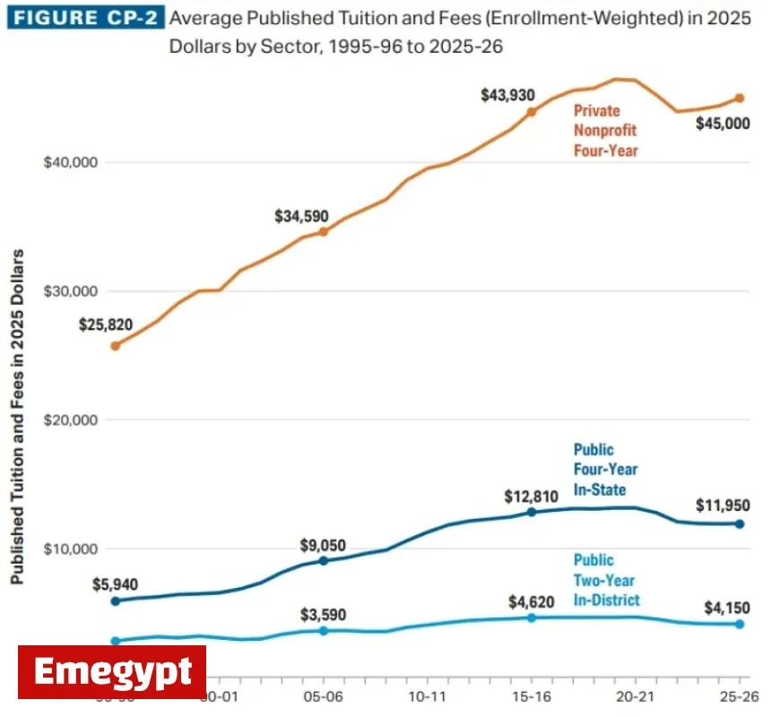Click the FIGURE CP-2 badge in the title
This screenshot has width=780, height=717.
tap(84, 19)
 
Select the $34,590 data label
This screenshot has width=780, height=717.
tap(302, 216)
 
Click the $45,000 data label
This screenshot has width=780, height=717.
tap(723, 124)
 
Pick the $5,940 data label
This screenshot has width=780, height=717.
tap(115, 583)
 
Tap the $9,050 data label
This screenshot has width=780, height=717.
tap(322, 546)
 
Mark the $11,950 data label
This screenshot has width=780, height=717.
tap(723, 505)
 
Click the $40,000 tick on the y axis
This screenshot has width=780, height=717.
tap(70, 162)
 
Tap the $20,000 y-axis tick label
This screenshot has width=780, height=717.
tap(70, 419)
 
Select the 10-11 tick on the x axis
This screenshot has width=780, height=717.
tap(427, 695)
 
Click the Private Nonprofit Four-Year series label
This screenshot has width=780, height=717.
tap(606, 131)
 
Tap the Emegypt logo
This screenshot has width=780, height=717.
tap(112, 671)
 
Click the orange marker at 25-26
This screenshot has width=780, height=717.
tap(740, 98)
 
